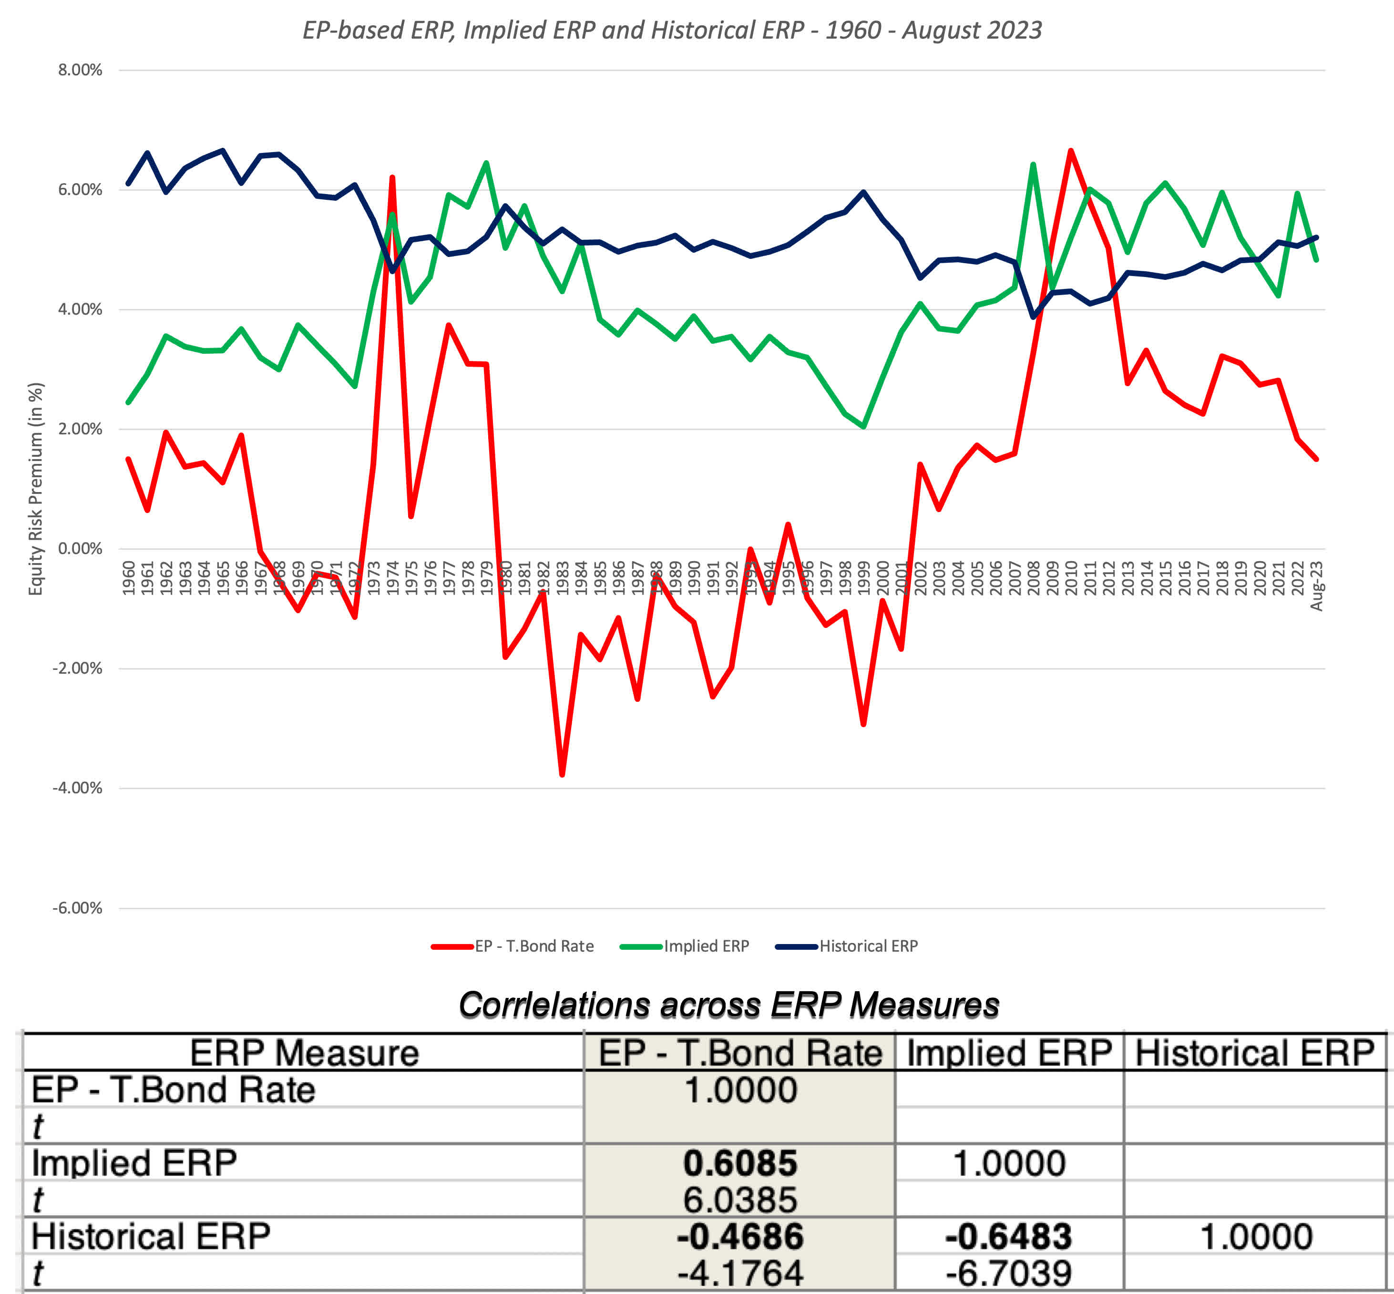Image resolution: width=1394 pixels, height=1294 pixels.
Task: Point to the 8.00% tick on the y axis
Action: [x=80, y=70]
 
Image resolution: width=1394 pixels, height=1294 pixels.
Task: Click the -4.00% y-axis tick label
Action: [x=78, y=788]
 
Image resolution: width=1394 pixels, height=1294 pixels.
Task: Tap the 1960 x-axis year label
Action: [x=129, y=578]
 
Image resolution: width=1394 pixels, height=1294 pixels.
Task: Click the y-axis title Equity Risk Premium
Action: [x=35, y=489]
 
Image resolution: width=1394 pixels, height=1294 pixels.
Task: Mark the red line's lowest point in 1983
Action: [x=562, y=774]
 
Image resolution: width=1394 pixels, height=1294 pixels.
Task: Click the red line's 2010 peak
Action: [x=1071, y=151]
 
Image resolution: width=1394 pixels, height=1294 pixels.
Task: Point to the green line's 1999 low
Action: [x=863, y=426]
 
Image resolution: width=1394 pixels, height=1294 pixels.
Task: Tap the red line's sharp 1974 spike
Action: [x=392, y=178]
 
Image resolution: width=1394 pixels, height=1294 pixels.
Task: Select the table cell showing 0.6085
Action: [x=740, y=1163]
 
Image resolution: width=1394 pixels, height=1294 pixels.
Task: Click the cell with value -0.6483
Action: [x=1008, y=1237]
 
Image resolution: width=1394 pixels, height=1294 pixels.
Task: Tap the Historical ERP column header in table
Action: [x=1255, y=1052]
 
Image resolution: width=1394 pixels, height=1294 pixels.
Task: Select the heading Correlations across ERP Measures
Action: [x=728, y=1005]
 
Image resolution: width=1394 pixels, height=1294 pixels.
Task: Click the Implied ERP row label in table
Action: [x=134, y=1163]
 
